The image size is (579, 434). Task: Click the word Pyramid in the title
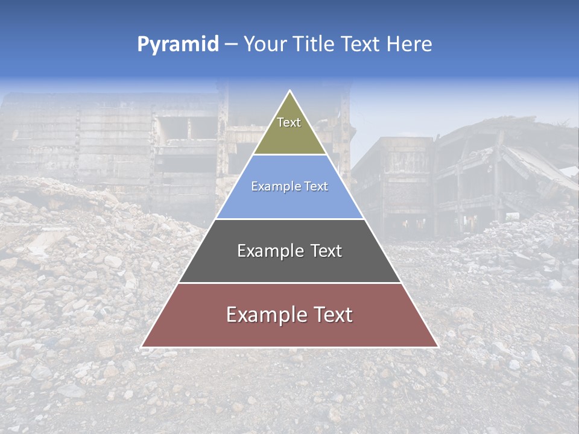[x=177, y=45]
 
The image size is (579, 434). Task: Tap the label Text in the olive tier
[x=289, y=122]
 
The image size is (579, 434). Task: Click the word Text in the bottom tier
[x=331, y=315]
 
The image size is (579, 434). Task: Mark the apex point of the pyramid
[x=289, y=91]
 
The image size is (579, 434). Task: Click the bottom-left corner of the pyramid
[x=142, y=347]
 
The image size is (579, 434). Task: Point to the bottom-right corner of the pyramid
[x=438, y=347]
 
